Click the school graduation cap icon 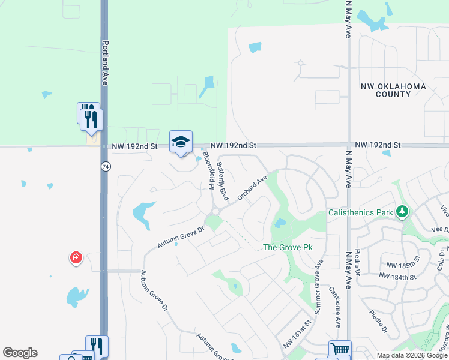[181, 142]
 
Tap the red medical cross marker [76, 259]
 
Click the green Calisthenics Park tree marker [402, 212]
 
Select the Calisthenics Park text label [360, 212]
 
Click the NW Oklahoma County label [393, 90]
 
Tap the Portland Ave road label [105, 62]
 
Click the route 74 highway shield [105, 167]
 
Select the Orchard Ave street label [252, 188]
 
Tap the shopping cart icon [340, 349]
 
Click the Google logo [20, 353]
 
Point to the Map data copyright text [411, 355]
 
